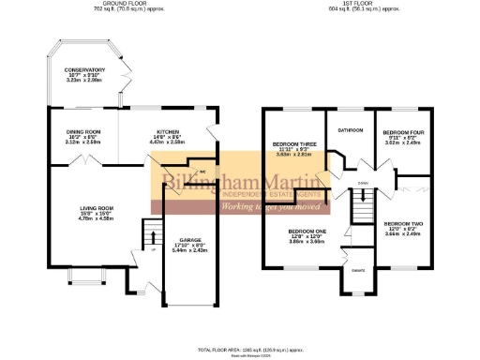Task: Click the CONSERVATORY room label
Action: point(84,70)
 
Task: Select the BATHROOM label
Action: point(351,129)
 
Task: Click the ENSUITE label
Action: point(358,271)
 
